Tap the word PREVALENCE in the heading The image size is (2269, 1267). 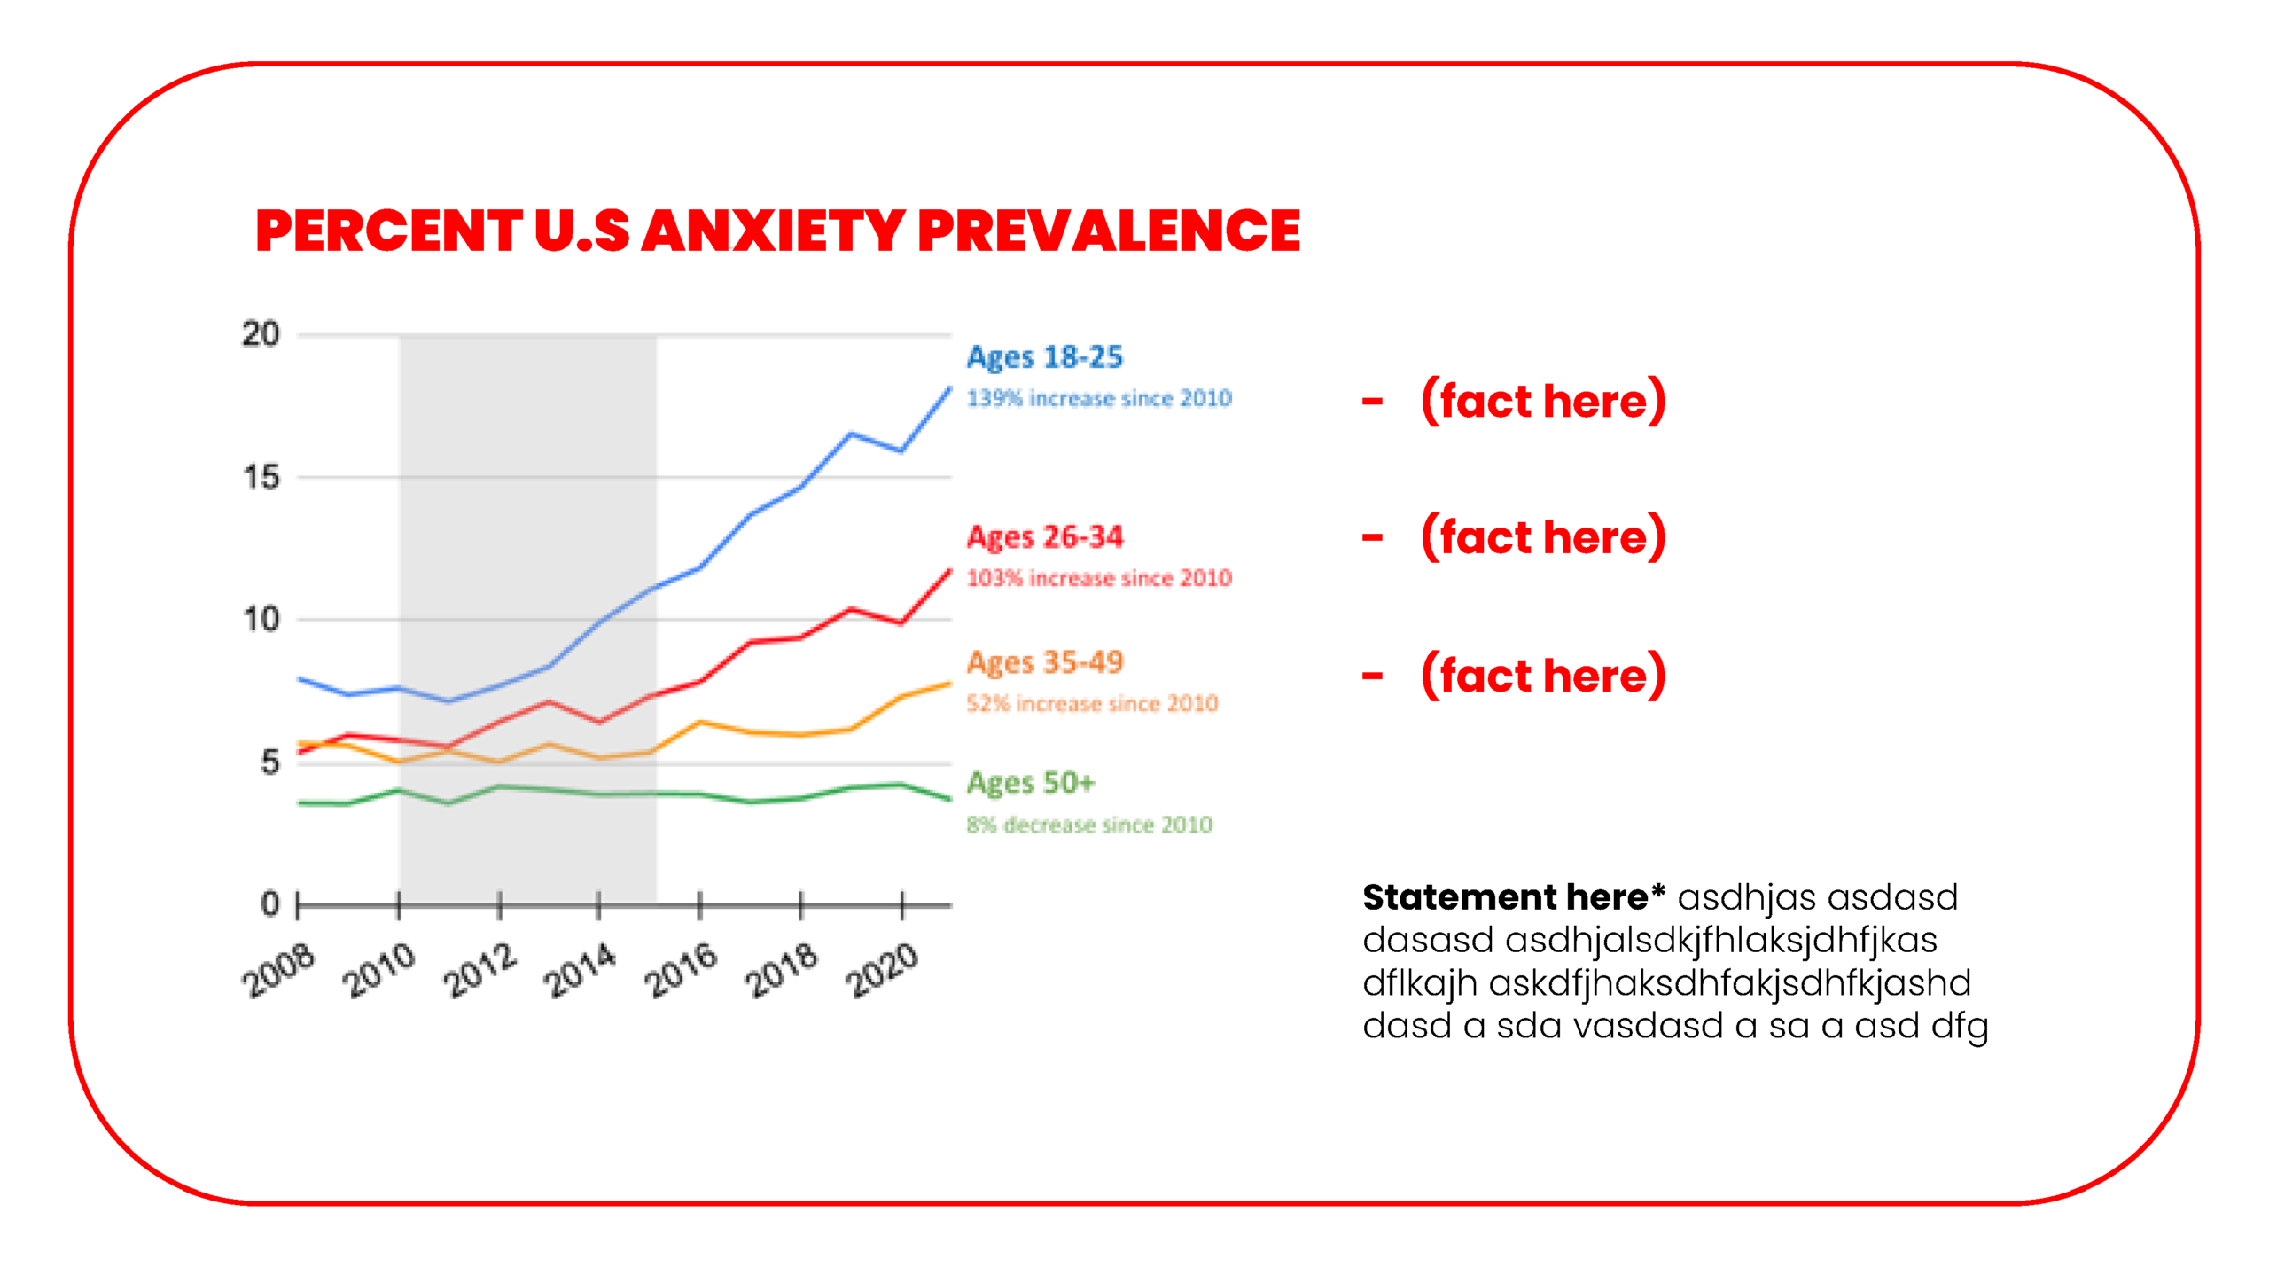(1109, 231)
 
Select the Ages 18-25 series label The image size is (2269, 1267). (1044, 357)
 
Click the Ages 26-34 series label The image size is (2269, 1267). (1044, 536)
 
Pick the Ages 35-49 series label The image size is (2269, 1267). (1044, 662)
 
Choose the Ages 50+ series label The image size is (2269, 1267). (1030, 783)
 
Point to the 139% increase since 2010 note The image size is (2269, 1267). (1098, 398)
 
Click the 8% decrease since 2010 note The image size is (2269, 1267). (1088, 825)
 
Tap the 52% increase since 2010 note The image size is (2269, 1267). (1091, 704)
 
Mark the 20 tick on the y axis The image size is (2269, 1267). (261, 334)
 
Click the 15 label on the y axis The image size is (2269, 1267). (261, 478)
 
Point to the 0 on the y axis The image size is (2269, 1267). (269, 904)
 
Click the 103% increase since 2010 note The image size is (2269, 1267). (1098, 578)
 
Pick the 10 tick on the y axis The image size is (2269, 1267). (261, 620)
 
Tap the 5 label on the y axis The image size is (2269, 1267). (269, 763)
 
